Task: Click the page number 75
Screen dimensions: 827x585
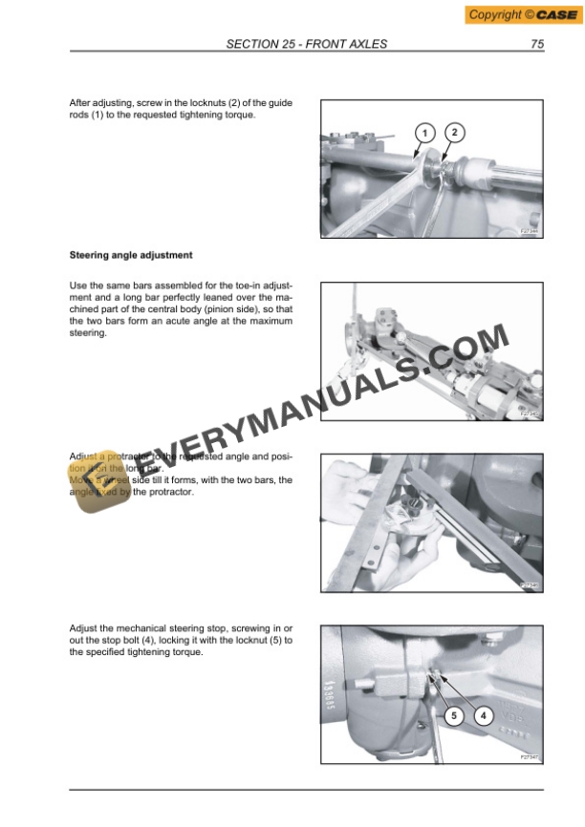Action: click(x=537, y=44)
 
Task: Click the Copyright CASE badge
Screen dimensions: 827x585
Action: click(x=521, y=14)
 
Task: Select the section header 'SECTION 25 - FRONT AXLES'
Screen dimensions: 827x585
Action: click(x=306, y=44)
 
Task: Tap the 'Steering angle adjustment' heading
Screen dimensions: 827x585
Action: click(x=131, y=255)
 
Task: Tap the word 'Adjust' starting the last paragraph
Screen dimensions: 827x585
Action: click(x=85, y=628)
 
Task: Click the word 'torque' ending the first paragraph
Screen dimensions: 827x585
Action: click(x=239, y=115)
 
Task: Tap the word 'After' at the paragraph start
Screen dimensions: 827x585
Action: click(x=82, y=102)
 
